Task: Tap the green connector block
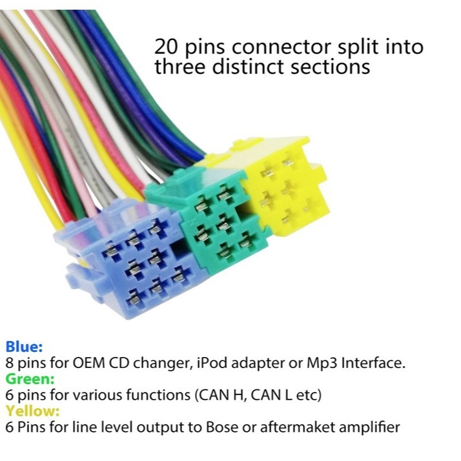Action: click(x=212, y=218)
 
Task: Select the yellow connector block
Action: click(x=282, y=185)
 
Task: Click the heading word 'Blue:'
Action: click(x=24, y=347)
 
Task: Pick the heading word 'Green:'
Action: click(x=30, y=378)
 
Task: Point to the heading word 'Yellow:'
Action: click(x=32, y=411)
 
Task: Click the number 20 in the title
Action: click(x=166, y=46)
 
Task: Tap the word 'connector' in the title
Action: click(x=282, y=47)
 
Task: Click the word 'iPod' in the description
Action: click(x=212, y=364)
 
